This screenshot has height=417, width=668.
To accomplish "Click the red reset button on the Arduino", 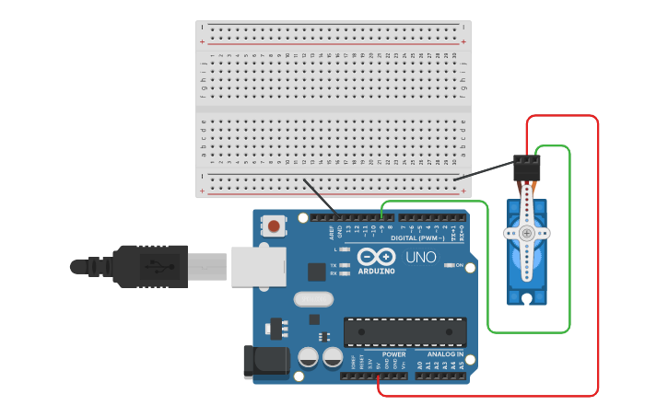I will (275, 225).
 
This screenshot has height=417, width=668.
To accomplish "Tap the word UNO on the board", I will (420, 257).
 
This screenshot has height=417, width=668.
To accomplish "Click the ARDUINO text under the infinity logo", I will (376, 271).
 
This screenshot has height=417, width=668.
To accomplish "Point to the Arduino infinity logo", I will (376, 257).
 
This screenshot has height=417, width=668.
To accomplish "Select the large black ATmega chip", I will (404, 331).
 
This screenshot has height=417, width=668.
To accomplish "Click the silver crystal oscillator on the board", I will (313, 299).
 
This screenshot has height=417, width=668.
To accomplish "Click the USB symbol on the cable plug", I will (161, 267).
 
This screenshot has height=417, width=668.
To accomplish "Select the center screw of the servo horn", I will (526, 233).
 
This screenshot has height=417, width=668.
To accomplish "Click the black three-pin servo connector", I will (527, 168).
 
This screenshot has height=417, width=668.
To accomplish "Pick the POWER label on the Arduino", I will (393, 353).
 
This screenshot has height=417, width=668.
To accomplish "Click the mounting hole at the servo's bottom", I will (526, 298).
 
